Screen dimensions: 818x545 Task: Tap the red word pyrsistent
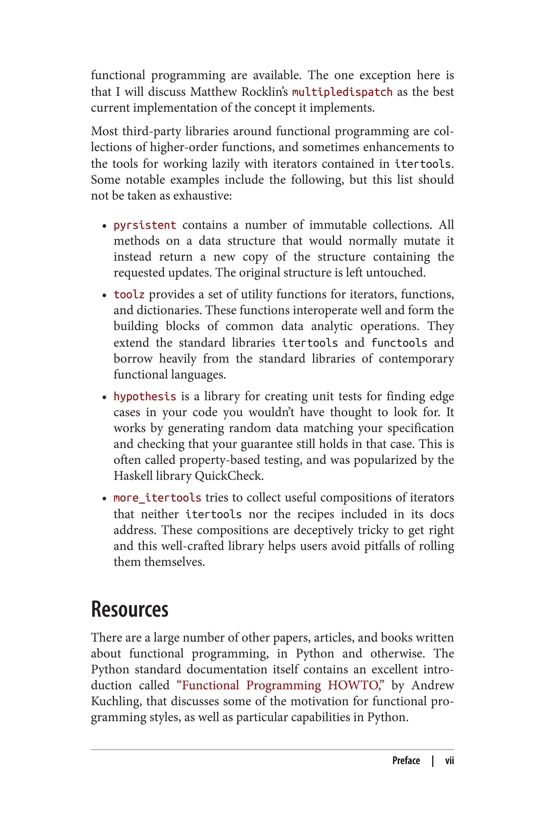(x=144, y=225)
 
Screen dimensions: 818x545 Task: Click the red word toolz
(x=129, y=295)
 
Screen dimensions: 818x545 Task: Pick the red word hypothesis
(x=144, y=396)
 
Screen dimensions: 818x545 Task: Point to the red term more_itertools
(x=157, y=498)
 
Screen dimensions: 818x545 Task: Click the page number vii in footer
(x=449, y=760)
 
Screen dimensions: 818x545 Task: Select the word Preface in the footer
(x=406, y=760)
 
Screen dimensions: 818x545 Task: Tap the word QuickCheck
(x=229, y=476)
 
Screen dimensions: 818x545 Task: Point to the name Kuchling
(x=116, y=701)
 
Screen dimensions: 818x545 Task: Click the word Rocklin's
(x=265, y=92)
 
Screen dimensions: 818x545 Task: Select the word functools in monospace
(x=399, y=343)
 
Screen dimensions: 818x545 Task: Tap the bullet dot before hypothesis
(x=104, y=397)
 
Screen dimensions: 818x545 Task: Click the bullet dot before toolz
(x=104, y=295)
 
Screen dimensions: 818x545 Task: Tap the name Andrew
(x=433, y=685)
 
